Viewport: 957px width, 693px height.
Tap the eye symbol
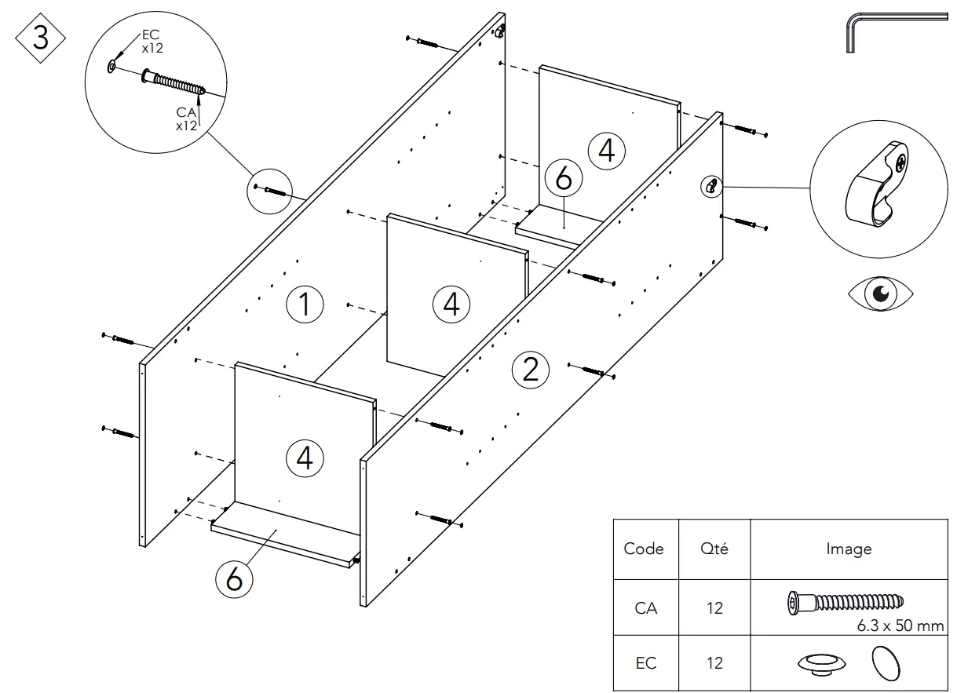(880, 294)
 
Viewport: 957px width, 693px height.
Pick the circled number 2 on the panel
(531, 368)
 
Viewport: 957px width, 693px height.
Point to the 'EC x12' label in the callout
(152, 42)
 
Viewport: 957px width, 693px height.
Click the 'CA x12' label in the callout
(186, 119)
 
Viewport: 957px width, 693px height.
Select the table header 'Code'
(644, 549)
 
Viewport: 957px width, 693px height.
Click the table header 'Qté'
(714, 549)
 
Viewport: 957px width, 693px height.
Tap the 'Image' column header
(848, 549)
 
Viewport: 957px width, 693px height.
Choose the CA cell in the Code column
(645, 607)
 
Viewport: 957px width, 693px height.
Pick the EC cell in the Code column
(645, 663)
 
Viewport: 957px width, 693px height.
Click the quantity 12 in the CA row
(714, 607)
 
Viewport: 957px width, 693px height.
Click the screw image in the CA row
(845, 603)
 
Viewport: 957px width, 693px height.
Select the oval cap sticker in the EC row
(886, 663)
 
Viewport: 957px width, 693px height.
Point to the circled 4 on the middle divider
(451, 304)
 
